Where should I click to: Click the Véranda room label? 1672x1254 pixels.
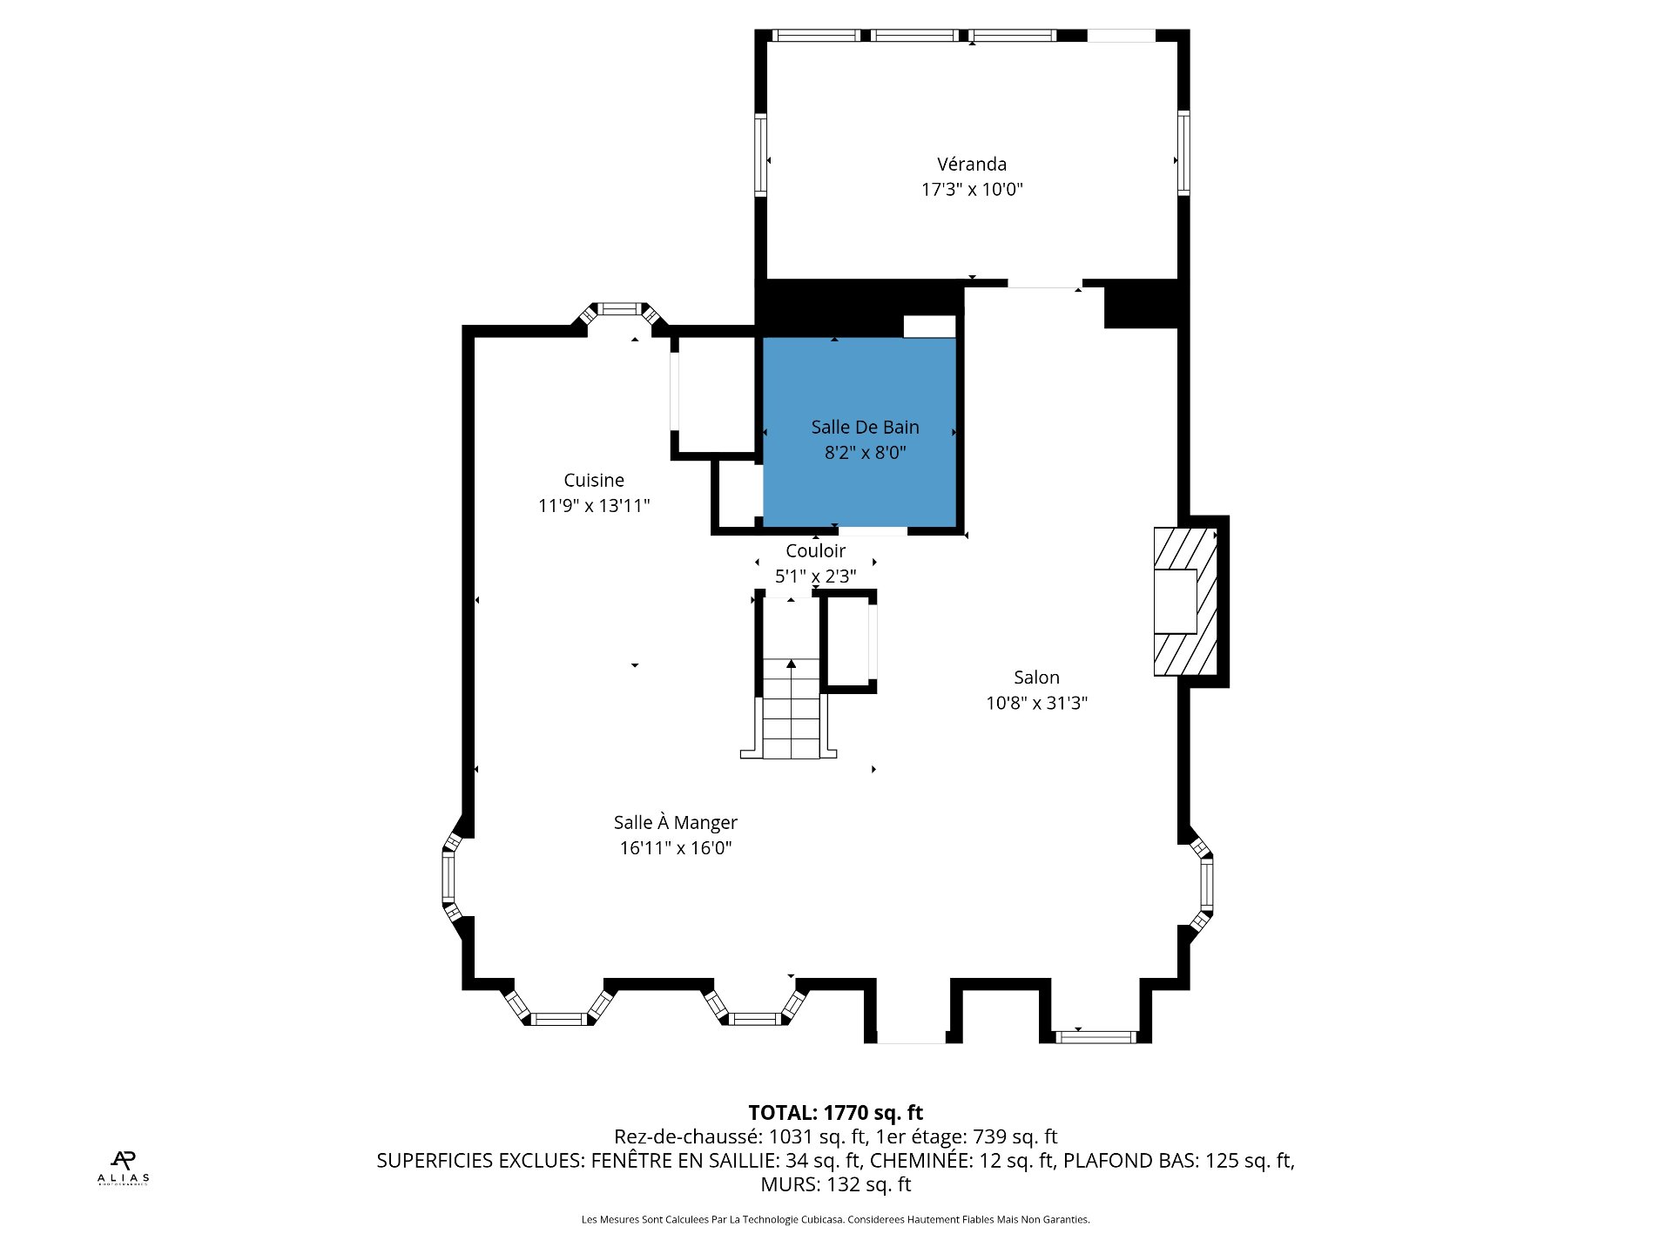coord(971,164)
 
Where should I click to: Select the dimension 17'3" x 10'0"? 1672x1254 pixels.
coord(972,189)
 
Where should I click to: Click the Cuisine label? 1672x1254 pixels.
coord(594,480)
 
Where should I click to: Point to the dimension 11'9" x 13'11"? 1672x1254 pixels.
coord(594,505)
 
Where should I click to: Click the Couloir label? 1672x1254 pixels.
coord(815,550)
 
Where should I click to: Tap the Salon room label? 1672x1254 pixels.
coord(1036,678)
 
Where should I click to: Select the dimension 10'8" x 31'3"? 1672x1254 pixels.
coord(1036,703)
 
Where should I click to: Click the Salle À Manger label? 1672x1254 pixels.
coord(675,822)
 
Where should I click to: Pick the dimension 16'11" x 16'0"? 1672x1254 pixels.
coord(675,847)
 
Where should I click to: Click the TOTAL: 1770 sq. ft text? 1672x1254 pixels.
coord(835,1112)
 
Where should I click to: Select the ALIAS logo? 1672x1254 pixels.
coord(123,1168)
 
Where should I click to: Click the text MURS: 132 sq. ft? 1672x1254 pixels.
coord(835,1184)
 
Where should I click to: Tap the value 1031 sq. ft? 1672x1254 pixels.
coord(817,1136)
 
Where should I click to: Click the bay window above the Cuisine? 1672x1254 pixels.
coord(619,309)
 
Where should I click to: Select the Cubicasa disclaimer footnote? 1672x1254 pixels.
coord(835,1219)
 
